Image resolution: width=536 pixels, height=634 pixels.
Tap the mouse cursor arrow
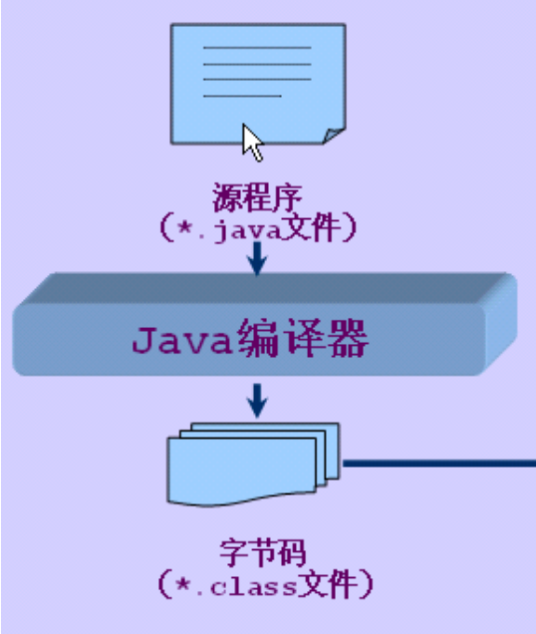(x=253, y=142)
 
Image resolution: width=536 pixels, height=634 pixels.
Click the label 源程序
(x=256, y=195)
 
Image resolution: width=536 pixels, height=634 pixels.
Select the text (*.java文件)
(x=257, y=227)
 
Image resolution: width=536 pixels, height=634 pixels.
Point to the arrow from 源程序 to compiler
(x=257, y=258)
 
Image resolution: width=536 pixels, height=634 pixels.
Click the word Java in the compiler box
(x=182, y=342)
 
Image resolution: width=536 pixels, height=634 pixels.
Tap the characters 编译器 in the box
(x=304, y=342)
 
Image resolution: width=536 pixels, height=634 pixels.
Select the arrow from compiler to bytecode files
(x=258, y=400)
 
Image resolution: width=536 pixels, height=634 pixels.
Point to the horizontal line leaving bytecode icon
(x=438, y=463)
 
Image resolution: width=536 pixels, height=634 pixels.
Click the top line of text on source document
(x=257, y=46)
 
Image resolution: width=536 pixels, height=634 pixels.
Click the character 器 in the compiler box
(x=349, y=342)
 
